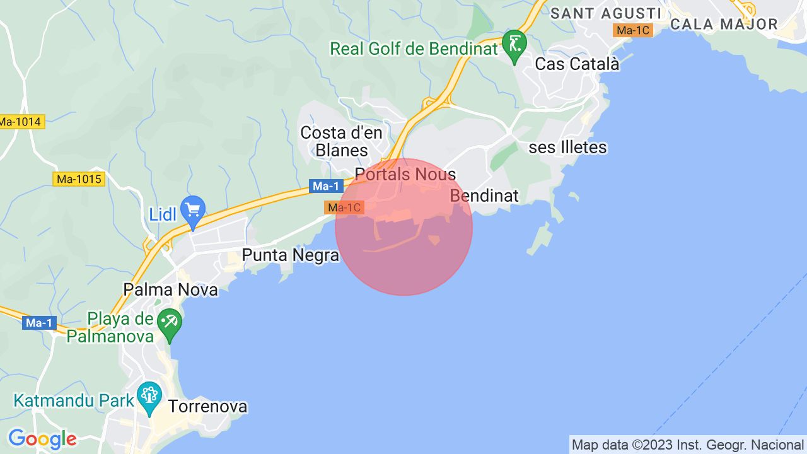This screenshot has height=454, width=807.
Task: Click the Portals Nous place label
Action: pyautogui.click(x=405, y=174)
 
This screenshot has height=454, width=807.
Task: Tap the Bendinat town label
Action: pyautogui.click(x=484, y=195)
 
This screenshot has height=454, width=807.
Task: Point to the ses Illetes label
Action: pyautogui.click(x=567, y=148)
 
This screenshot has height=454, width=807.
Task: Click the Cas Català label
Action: pyautogui.click(x=577, y=64)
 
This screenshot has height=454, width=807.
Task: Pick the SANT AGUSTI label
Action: pyautogui.click(x=606, y=13)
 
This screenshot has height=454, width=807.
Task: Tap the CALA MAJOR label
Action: pyautogui.click(x=724, y=25)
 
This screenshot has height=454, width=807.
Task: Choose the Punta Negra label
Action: pyautogui.click(x=291, y=255)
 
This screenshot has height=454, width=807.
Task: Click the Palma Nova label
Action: pyautogui.click(x=171, y=290)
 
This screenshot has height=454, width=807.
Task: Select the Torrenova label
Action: pyautogui.click(x=207, y=407)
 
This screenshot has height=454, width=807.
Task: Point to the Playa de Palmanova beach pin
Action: pyautogui.click(x=170, y=323)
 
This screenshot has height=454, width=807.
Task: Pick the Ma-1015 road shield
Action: pyautogui.click(x=78, y=179)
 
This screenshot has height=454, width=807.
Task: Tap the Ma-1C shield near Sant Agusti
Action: pyautogui.click(x=634, y=30)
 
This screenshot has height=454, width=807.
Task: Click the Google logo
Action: pyautogui.click(x=42, y=439)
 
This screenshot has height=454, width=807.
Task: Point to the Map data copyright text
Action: pyautogui.click(x=687, y=445)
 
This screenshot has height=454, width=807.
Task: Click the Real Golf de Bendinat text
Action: pyautogui.click(x=414, y=49)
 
